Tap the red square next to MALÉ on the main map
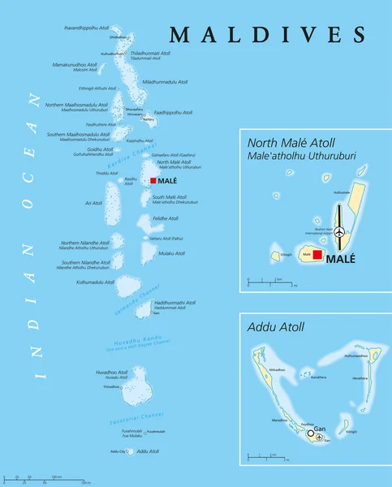pyautogui.click(x=153, y=181)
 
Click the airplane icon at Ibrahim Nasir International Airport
pyautogui.click(x=338, y=233)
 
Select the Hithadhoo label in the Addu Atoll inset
pyautogui.click(x=277, y=368)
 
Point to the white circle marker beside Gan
pyautogui.click(x=310, y=434)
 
